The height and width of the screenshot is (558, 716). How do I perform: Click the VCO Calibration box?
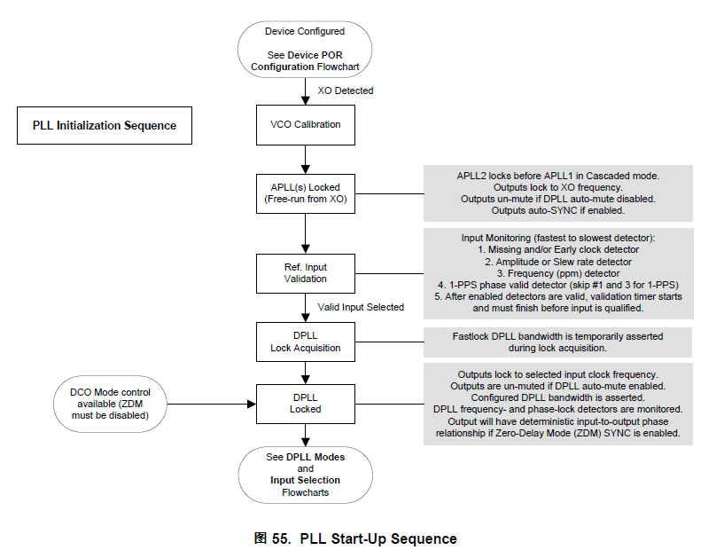(x=305, y=124)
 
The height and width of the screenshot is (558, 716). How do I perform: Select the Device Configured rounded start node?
(x=305, y=49)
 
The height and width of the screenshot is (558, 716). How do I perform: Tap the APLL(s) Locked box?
(x=305, y=193)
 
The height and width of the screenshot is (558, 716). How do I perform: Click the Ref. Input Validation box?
(x=305, y=271)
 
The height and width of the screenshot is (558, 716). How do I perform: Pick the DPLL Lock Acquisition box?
(x=305, y=342)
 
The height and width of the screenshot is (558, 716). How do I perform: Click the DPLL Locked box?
(x=305, y=403)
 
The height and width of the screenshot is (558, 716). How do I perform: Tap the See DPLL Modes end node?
(x=305, y=474)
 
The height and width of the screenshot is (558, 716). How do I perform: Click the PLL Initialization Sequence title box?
(x=105, y=126)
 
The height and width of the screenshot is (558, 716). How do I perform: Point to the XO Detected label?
(x=346, y=90)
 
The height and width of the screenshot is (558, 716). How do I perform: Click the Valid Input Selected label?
(x=361, y=307)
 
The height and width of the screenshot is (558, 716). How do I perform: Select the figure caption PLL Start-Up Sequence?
(x=355, y=538)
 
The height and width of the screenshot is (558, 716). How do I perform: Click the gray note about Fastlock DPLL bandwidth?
(x=557, y=342)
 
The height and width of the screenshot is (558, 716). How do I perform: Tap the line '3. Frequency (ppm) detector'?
(x=557, y=273)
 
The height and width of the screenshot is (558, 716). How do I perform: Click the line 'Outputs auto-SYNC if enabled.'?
(x=557, y=211)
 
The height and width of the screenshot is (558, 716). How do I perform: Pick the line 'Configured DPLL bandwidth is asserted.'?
(x=557, y=397)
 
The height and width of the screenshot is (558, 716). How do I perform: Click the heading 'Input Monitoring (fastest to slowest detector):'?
(x=557, y=239)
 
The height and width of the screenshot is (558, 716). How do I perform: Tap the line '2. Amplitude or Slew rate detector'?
(x=557, y=262)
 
